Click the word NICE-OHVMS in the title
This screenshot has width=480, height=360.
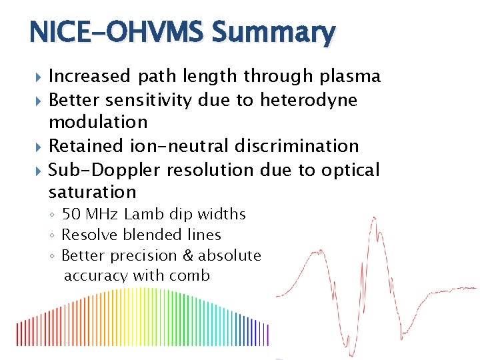click(111, 32)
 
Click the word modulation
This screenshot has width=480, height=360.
click(98, 122)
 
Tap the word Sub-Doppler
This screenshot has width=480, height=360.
click(105, 169)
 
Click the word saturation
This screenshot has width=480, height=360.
click(92, 193)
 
